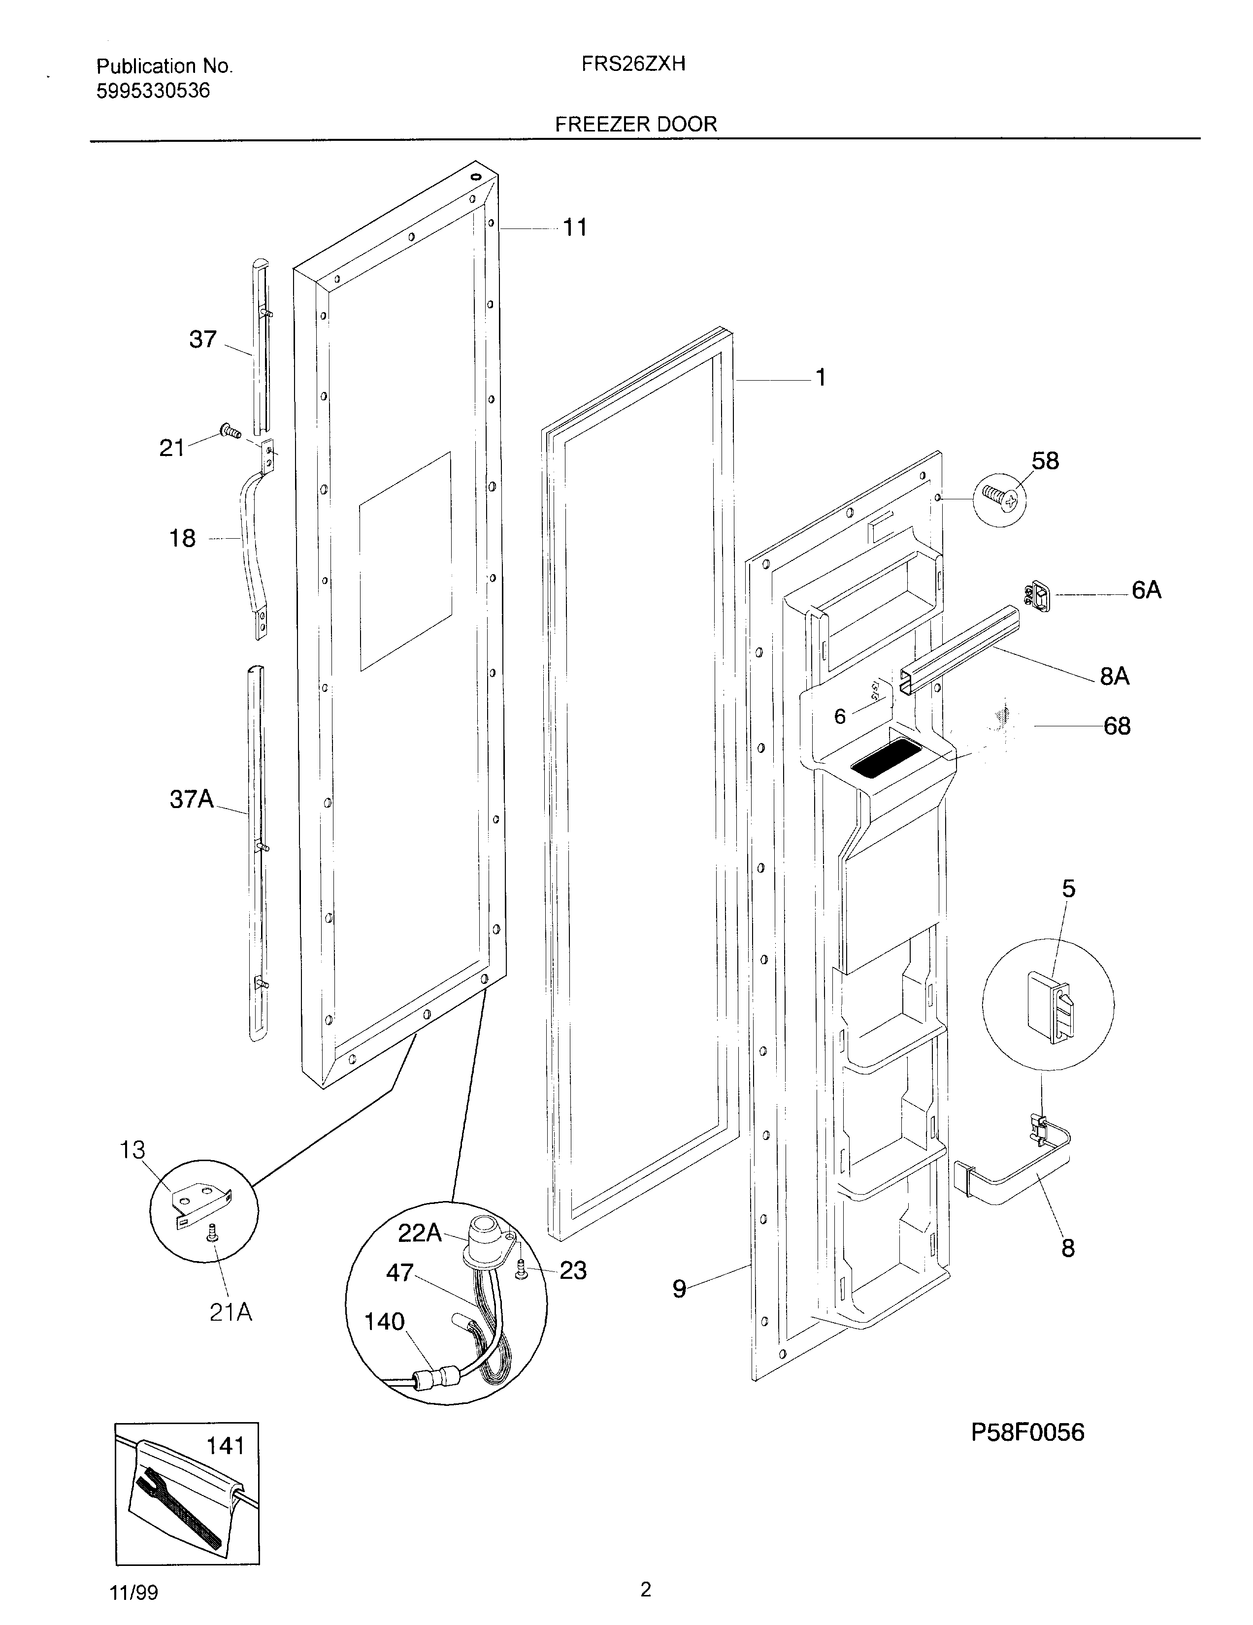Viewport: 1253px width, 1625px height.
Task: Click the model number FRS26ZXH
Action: (x=633, y=65)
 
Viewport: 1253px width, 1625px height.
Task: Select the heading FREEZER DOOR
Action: (x=635, y=124)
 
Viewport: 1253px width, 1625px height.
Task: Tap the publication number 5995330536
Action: (x=153, y=91)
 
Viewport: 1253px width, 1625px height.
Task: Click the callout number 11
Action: (x=574, y=227)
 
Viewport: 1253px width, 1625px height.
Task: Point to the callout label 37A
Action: (x=191, y=800)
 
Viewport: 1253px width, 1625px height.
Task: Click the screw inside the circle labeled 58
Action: (x=999, y=498)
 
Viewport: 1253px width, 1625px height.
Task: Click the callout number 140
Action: (x=384, y=1322)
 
